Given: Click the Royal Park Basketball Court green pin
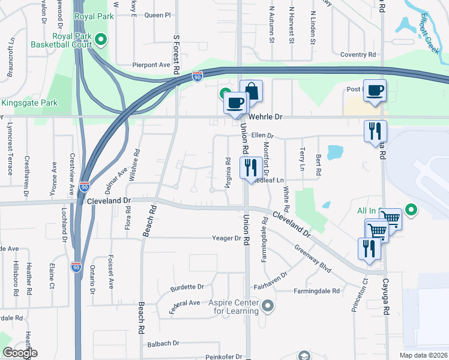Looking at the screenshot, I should (101, 41).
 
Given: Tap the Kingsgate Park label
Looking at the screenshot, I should (28, 103).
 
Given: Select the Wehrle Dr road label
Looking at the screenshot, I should (266, 117).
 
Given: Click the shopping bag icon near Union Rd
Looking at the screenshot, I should (251, 92).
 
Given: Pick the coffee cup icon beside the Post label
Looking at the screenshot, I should (375, 91).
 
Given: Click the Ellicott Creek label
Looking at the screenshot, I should (431, 34).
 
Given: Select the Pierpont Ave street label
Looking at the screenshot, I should (151, 65).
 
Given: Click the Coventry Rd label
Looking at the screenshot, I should (358, 55).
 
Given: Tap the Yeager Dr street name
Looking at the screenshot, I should (226, 238).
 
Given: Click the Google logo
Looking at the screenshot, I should (20, 353).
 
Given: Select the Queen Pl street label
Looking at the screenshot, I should (158, 14).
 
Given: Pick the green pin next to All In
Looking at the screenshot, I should (411, 210).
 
